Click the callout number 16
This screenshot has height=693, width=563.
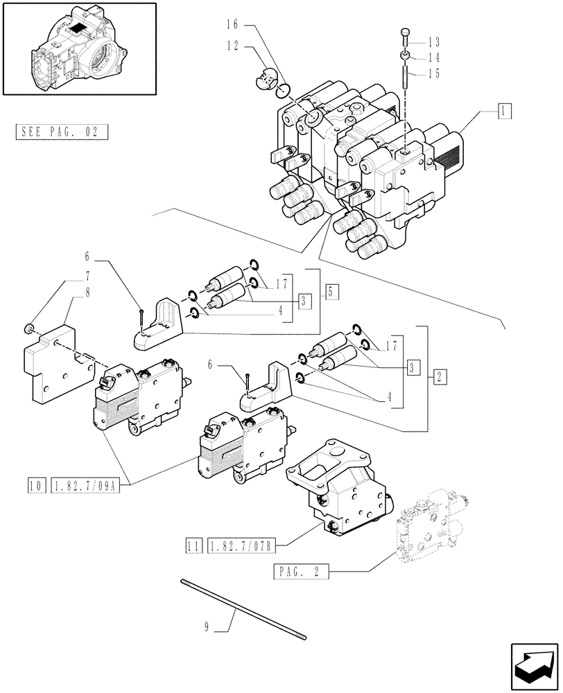click(x=231, y=24)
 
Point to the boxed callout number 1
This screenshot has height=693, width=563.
click(x=504, y=110)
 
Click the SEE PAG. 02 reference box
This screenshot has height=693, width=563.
click(x=61, y=132)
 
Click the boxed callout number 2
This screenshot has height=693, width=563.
click(x=440, y=377)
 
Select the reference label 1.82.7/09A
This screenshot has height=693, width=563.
click(x=85, y=486)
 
